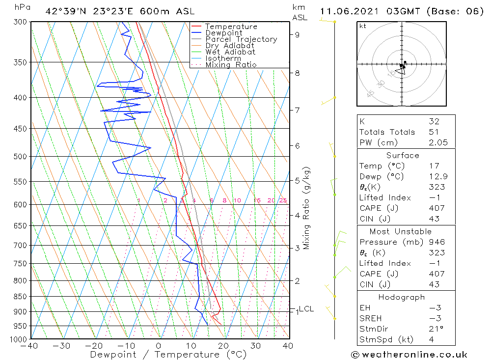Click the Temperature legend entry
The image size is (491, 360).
click(x=231, y=27)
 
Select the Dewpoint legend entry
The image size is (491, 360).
click(x=223, y=33)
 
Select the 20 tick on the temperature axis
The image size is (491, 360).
click(x=223, y=346)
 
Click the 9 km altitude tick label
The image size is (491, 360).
click(x=298, y=34)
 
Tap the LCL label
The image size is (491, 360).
click(x=306, y=309)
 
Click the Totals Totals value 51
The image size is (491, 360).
click(x=434, y=132)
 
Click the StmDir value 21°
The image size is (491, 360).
click(x=436, y=329)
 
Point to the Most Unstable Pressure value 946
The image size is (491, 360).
click(x=436, y=242)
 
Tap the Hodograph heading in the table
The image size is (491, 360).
click(x=402, y=297)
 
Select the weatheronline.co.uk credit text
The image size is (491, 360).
click(x=409, y=354)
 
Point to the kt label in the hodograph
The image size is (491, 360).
click(x=362, y=26)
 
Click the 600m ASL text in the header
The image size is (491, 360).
click(x=174, y=11)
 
